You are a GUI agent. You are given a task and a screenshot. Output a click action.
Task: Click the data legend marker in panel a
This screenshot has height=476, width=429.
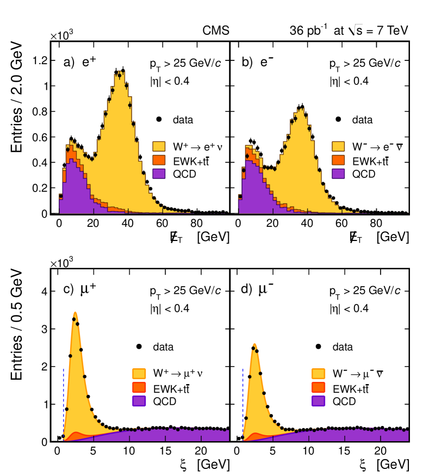tap(158, 119)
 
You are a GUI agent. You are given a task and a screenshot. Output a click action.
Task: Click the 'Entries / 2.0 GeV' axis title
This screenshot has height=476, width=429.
tap(18, 98)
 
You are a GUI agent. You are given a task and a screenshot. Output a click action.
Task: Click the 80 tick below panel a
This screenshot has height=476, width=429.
tap(196, 223)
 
